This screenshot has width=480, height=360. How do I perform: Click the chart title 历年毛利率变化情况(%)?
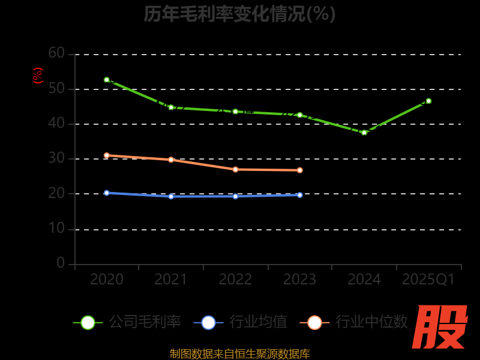click(x=239, y=13)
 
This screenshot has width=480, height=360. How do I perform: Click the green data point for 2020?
click(x=107, y=80)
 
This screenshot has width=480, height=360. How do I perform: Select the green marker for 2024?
click(x=364, y=133)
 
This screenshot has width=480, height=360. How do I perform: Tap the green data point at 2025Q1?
click(x=428, y=101)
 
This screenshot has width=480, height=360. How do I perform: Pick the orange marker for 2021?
click(x=171, y=160)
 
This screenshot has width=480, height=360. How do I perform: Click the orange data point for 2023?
click(x=300, y=170)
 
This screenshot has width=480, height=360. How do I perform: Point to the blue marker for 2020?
click(x=107, y=193)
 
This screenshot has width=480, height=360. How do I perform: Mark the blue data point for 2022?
click(x=235, y=196)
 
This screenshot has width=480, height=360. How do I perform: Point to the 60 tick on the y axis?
click(x=56, y=53)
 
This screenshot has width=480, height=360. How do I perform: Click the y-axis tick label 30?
click(x=56, y=158)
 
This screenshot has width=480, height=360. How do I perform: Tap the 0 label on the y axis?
click(x=61, y=263)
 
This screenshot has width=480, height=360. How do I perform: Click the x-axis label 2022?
click(x=235, y=280)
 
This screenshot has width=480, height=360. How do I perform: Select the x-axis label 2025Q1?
click(x=428, y=280)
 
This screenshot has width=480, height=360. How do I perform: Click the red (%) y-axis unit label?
click(x=38, y=76)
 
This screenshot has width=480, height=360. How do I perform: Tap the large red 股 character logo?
click(x=441, y=327)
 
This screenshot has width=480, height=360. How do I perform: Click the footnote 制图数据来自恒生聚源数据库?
click(x=239, y=354)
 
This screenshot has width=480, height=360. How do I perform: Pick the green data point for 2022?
click(x=235, y=112)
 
